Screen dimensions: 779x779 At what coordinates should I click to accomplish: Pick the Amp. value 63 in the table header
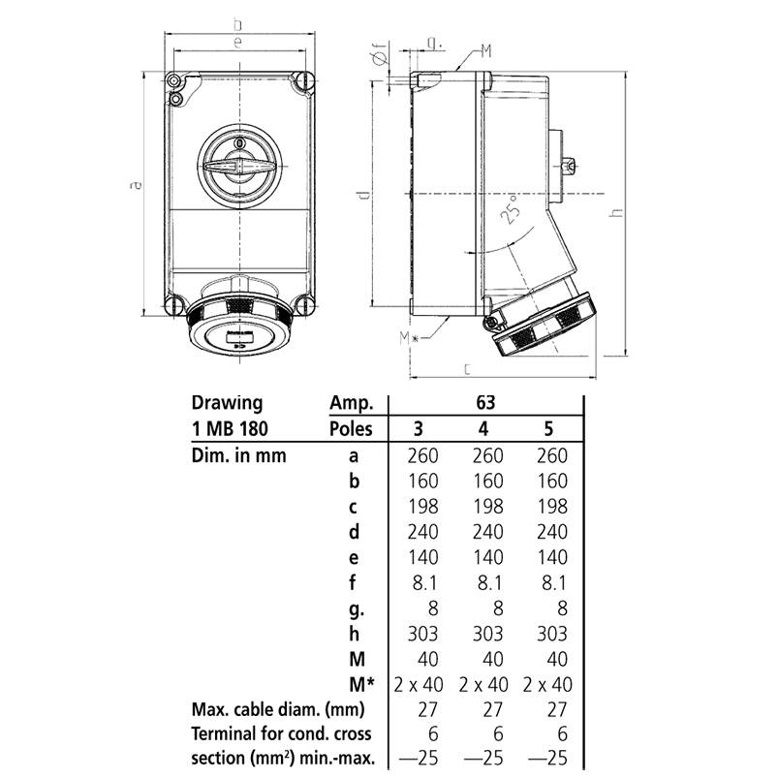coord(487,402)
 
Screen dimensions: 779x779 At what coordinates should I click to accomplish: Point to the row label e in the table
coord(354,557)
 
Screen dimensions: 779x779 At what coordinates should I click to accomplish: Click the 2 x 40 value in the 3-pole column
coord(418,686)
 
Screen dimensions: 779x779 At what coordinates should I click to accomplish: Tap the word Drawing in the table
coord(227,402)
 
